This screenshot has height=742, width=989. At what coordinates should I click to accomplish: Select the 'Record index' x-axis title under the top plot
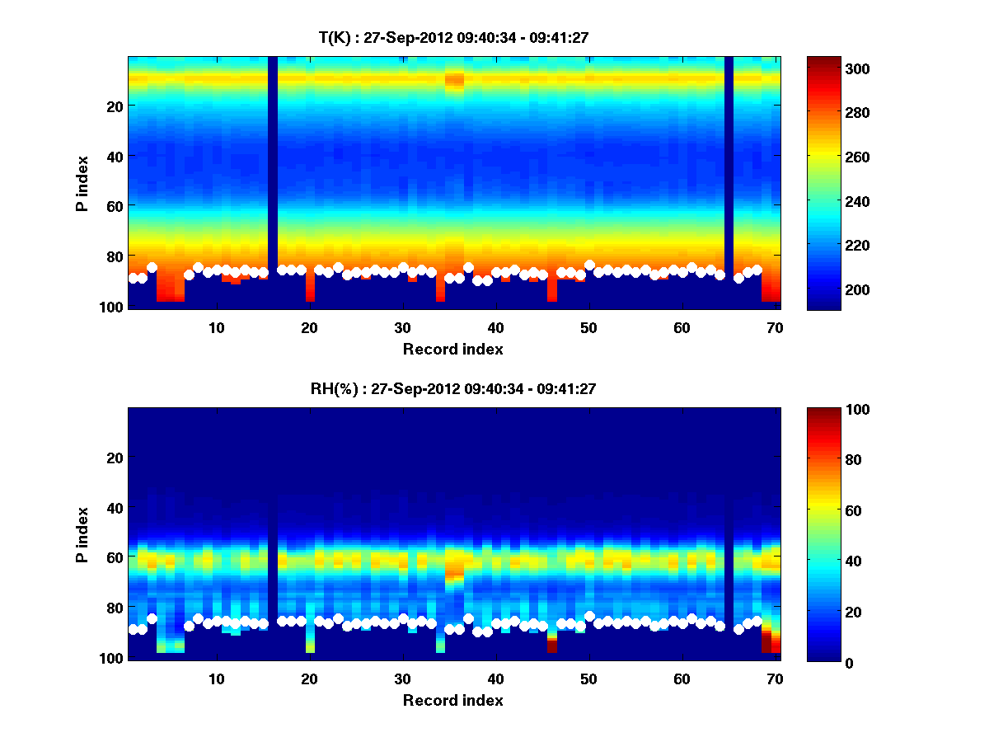pyautogui.click(x=452, y=349)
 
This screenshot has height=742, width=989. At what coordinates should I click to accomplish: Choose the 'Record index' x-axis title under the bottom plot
pyautogui.click(x=452, y=700)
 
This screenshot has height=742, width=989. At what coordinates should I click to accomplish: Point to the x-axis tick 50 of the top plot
pyautogui.click(x=588, y=326)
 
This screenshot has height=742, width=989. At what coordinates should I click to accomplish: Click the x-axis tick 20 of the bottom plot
pyautogui.click(x=309, y=679)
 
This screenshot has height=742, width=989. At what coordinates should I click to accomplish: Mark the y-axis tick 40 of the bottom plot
pyautogui.click(x=115, y=508)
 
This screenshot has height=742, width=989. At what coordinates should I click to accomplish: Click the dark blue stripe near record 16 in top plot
pyautogui.click(x=273, y=165)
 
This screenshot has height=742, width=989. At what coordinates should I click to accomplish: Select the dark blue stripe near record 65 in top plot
pyautogui.click(x=729, y=165)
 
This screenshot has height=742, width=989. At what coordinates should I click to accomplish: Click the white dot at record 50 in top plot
pyautogui.click(x=589, y=265)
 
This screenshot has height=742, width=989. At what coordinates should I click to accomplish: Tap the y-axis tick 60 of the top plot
pyautogui.click(x=115, y=206)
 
